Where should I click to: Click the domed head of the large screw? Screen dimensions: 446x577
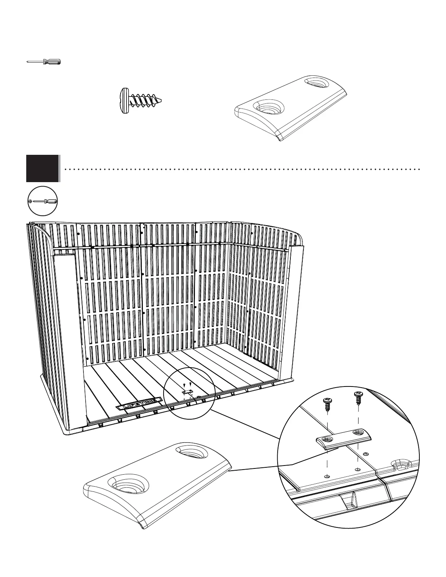[x=125, y=101]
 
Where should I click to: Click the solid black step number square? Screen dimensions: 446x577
[x=42, y=168]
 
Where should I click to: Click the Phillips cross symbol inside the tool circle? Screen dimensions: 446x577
[x=30, y=201]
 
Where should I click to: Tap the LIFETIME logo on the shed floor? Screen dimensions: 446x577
[x=140, y=404]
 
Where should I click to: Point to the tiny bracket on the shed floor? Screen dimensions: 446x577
[x=187, y=392]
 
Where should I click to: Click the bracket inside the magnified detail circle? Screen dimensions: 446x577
[x=344, y=437]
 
